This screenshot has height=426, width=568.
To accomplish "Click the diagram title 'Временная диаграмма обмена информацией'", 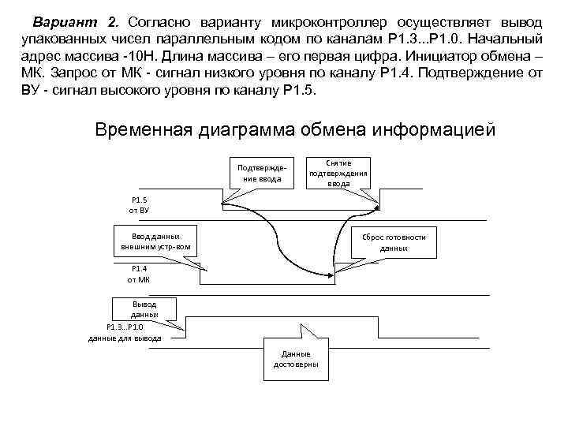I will point(295,129).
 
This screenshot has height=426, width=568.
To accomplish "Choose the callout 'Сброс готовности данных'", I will point(394,241).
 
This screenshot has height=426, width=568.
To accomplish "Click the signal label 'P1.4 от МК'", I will point(140,274).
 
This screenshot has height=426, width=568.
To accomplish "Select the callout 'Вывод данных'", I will point(144,308).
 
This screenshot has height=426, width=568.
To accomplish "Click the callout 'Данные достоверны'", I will point(296,359).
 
